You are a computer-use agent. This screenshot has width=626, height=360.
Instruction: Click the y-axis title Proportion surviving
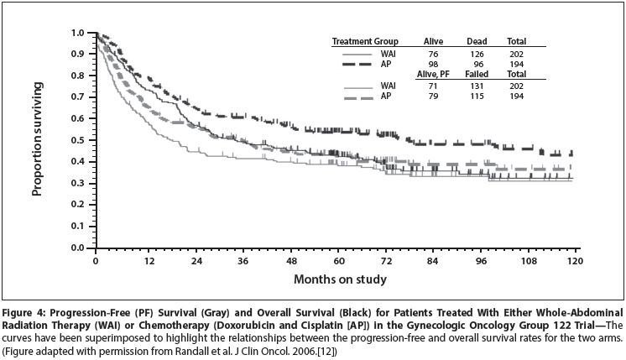(x=38, y=142)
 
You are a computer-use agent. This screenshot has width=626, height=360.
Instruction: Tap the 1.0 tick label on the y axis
(x=78, y=33)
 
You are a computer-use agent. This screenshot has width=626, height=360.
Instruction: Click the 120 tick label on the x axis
(x=575, y=262)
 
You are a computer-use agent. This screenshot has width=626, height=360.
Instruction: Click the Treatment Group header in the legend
(x=364, y=41)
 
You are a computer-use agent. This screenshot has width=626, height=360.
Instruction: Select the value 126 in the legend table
(x=477, y=52)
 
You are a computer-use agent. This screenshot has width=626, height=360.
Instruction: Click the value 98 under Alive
(x=433, y=63)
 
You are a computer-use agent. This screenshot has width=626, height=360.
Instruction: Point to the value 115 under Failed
(x=477, y=97)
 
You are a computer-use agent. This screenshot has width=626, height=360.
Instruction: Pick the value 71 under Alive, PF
(x=433, y=86)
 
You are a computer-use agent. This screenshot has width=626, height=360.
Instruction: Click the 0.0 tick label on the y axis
(x=78, y=248)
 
